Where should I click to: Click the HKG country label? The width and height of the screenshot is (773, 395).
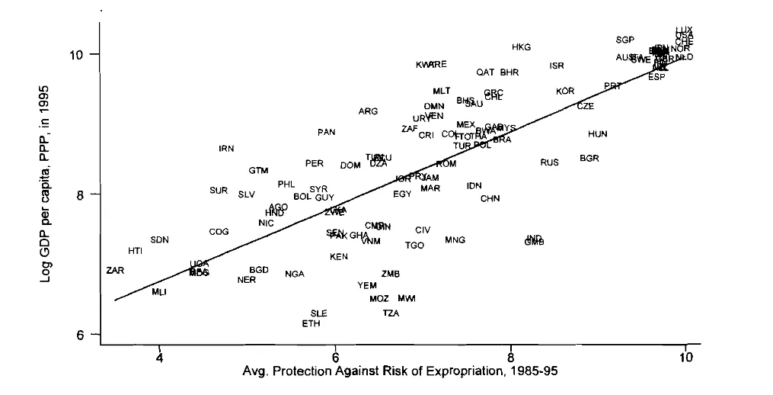pos(521,47)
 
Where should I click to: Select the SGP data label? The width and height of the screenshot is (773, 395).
pos(624,40)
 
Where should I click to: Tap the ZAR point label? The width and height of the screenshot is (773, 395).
pos(115,271)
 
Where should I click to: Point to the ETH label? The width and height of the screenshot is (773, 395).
pos(311,323)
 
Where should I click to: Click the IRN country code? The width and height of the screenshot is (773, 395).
pos(226,149)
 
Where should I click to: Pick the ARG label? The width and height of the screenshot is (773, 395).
pos(368,111)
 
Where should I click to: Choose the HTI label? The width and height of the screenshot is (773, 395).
pos(135,251)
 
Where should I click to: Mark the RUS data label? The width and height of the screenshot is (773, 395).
pos(549,162)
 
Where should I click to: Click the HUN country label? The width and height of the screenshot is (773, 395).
pos(598,134)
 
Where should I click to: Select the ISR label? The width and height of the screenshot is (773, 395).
pos(557,66)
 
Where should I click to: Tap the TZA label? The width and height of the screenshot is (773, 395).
pos(391,313)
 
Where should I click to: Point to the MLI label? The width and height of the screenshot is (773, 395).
pos(158,292)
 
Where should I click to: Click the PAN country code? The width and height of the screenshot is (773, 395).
pos(326,133)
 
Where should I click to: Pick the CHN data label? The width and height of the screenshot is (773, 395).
pos(490,198)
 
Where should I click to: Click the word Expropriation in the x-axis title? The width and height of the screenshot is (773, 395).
pos(426,372)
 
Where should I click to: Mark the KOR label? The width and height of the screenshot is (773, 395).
pos(564,92)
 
